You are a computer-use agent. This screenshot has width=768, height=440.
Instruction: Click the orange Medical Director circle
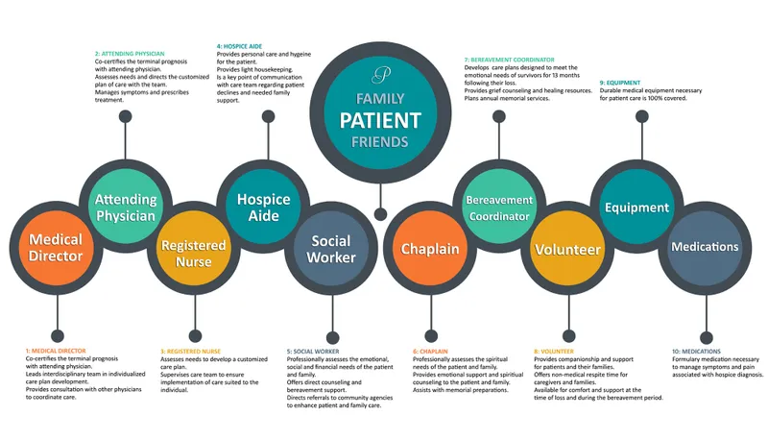56,247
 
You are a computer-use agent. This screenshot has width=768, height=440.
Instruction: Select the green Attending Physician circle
125,207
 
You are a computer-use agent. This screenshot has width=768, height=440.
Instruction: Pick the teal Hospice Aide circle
263,207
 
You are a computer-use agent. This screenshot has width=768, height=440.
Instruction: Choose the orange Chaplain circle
429,248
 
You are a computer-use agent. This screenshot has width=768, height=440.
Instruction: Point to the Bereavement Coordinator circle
498,207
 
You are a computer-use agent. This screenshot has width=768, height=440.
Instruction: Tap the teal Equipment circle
636,207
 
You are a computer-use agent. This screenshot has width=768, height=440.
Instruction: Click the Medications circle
705,247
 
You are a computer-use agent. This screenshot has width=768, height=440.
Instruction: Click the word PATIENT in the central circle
381,121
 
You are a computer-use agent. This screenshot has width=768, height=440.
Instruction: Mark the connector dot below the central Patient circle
381,213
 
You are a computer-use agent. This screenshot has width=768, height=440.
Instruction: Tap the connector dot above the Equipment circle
636,116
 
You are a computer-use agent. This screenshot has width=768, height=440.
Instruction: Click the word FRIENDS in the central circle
381,142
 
